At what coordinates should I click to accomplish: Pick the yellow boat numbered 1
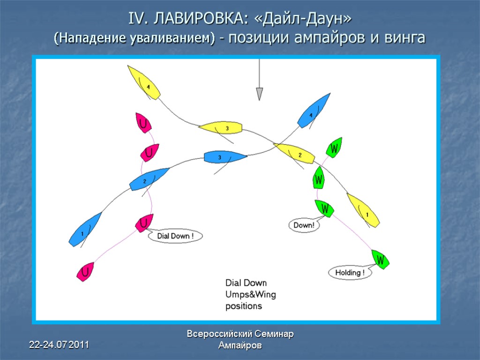(x=363, y=211)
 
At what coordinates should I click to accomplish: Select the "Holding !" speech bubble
(x=350, y=273)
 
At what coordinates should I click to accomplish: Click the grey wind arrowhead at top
(x=259, y=94)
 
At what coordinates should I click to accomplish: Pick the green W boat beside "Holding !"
(x=381, y=259)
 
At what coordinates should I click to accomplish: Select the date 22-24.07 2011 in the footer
(x=59, y=345)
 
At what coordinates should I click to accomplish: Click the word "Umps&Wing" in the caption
(x=251, y=294)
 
